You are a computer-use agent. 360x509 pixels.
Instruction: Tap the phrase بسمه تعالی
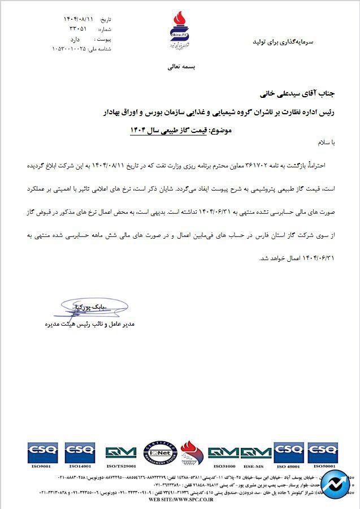[x=181, y=66]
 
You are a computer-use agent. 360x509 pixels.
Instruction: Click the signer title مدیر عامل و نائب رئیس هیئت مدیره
[x=85, y=325]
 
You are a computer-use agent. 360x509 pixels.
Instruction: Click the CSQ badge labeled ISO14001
[x=80, y=452]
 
